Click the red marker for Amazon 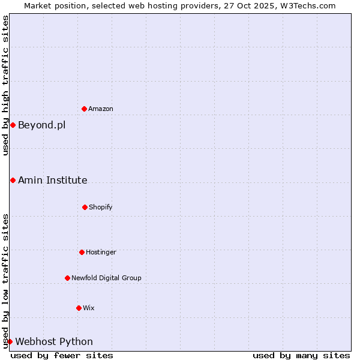(x=84, y=109)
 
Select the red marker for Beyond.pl (x=13, y=125)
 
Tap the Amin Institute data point (x=13, y=180)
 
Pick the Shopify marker (x=85, y=207)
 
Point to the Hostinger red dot (x=82, y=252)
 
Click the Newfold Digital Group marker (x=67, y=278)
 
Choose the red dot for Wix (x=79, y=308)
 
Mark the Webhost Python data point (x=10, y=341)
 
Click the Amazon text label (x=101, y=109)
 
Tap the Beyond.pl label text (x=41, y=125)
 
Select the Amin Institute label (x=52, y=180)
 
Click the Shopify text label (x=101, y=207)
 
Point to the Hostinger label (x=101, y=252)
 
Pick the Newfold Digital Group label (x=106, y=278)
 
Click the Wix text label (x=89, y=308)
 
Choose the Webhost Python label (x=54, y=341)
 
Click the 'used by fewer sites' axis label (x=62, y=355)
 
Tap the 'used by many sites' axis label (x=301, y=355)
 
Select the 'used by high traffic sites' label (x=5, y=85)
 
